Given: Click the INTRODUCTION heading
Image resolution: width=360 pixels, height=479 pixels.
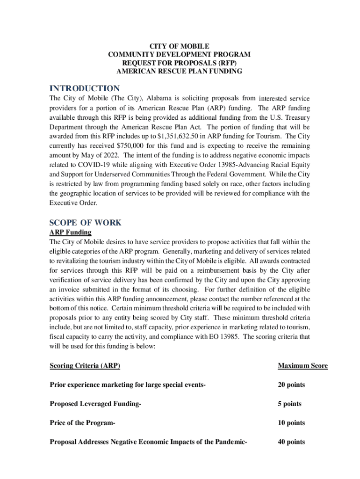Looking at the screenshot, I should (x=85, y=88).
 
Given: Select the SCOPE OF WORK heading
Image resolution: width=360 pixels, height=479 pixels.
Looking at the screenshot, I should (x=85, y=223).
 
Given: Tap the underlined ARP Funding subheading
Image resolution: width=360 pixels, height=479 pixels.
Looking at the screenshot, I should (x=70, y=232).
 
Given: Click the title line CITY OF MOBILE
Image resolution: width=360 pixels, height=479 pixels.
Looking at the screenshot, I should (x=179, y=46).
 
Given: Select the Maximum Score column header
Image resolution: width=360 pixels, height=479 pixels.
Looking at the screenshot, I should (x=302, y=366).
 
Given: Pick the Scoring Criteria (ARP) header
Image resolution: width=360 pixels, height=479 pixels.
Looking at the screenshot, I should (x=88, y=366).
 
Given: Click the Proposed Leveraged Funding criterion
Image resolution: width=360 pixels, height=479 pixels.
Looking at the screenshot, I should (x=95, y=404).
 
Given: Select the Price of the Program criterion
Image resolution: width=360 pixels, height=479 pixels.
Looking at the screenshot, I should (x=82, y=423).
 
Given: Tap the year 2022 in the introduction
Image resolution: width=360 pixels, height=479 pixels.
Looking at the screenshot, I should (x=110, y=155).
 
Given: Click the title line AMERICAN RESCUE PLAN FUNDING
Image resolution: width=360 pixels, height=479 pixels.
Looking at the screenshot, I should (x=179, y=72).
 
